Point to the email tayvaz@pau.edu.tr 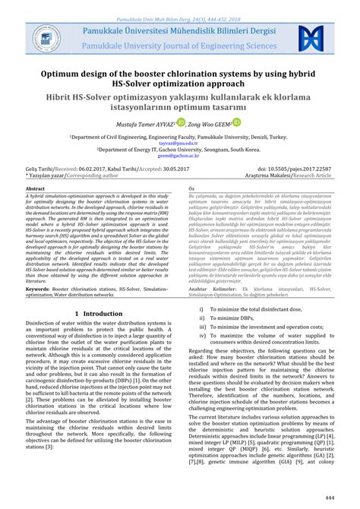point(180,142)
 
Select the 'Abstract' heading point(36,188)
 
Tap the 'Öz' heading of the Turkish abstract point(191,188)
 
